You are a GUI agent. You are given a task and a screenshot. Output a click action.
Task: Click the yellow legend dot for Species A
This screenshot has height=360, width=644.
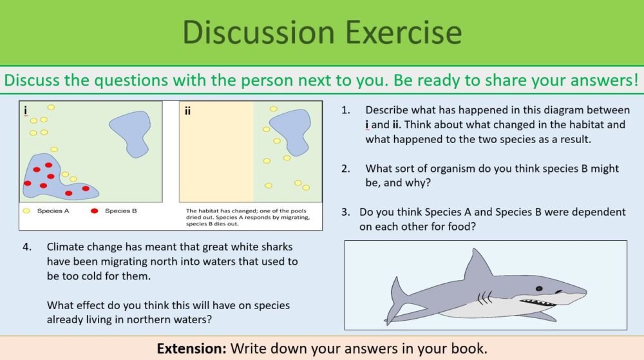tap(26, 211)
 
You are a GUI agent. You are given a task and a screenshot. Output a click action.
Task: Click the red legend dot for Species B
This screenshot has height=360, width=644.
tap(95, 211)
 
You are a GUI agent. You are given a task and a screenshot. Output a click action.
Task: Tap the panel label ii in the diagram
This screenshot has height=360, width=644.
tap(187, 111)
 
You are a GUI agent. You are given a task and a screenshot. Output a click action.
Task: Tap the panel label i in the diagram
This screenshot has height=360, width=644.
tap(25, 111)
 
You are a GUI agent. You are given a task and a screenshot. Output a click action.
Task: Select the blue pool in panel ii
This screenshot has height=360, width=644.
tap(289, 131)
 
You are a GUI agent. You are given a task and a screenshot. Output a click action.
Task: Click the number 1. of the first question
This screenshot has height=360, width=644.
tap(346, 110)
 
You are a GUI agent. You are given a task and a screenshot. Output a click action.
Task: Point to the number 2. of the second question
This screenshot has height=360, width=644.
tap(346, 169)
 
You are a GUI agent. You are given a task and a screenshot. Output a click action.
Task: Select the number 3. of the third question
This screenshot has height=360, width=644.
tap(346, 212)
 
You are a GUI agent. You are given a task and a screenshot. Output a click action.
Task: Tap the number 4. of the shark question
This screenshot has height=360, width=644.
tap(27, 247)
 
